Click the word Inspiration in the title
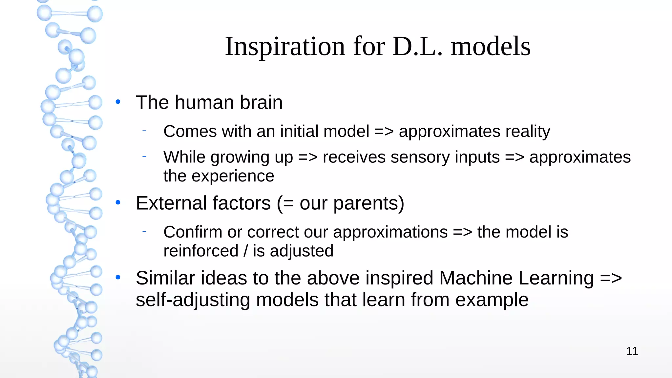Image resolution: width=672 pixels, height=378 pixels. pyautogui.click(x=285, y=47)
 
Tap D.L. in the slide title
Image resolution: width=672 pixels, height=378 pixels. pyautogui.click(x=417, y=47)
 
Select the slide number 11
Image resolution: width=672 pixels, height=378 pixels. pyautogui.click(x=632, y=351)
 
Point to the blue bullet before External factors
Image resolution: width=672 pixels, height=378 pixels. pyautogui.click(x=118, y=203)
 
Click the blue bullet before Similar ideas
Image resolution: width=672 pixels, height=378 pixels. pyautogui.click(x=118, y=278)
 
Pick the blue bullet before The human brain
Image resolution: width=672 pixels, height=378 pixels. pyautogui.click(x=118, y=102)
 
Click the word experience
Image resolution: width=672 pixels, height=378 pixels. pyautogui.click(x=233, y=176)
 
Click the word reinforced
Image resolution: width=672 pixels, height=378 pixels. pyautogui.click(x=201, y=251)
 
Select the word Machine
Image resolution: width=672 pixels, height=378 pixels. pyautogui.click(x=475, y=278)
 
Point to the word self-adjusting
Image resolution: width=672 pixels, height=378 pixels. pyautogui.click(x=193, y=300)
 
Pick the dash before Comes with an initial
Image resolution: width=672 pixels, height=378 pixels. pyautogui.click(x=144, y=131)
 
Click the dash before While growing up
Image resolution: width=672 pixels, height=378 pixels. pyautogui.click(x=144, y=157)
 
